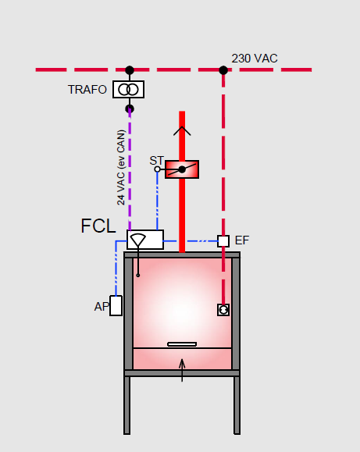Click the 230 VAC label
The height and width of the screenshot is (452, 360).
(255, 59)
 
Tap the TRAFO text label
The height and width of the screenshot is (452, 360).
(87, 90)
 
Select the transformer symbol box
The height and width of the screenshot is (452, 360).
(128, 89)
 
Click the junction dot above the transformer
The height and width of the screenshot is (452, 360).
(130, 70)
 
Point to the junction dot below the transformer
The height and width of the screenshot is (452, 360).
(130, 109)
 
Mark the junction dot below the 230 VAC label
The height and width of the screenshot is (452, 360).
(223, 70)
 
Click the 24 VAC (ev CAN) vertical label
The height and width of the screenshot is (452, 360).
(121, 168)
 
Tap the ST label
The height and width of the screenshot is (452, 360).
(157, 161)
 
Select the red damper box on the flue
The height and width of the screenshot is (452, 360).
(182, 169)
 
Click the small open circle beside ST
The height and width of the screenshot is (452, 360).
(157, 169)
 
